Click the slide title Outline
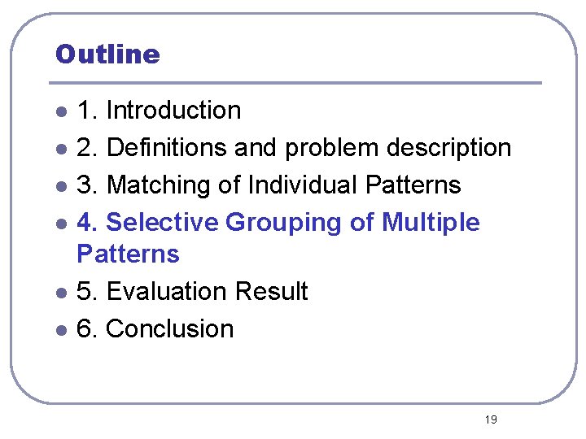107,54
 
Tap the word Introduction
173,110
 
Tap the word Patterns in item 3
413,185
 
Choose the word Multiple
431,222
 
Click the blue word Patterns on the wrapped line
128,254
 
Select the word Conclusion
170,328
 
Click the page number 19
490,419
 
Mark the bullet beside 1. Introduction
61,111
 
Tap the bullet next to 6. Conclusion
61,330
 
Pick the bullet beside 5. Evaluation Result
61,293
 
